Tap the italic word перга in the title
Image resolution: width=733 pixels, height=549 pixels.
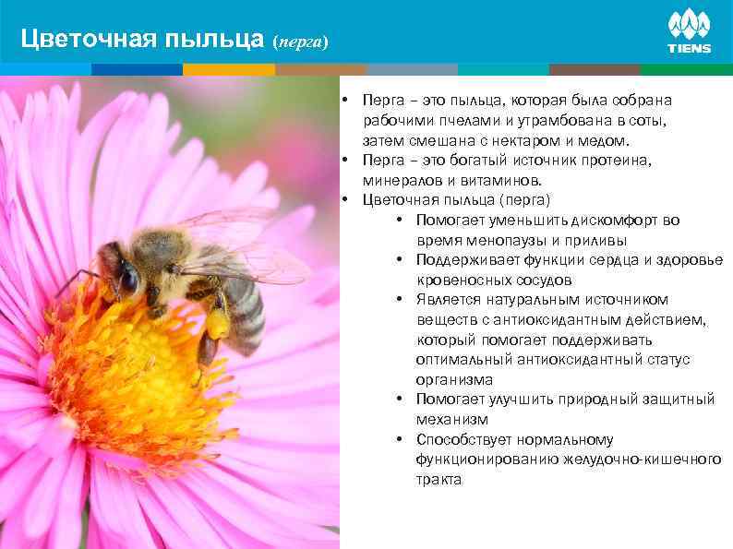[299, 42]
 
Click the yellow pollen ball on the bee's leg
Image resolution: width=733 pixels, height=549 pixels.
[218, 323]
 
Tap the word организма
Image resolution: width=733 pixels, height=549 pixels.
[454, 379]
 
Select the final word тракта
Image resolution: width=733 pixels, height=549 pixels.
[439, 480]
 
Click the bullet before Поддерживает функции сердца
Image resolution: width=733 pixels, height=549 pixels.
[395, 259]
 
